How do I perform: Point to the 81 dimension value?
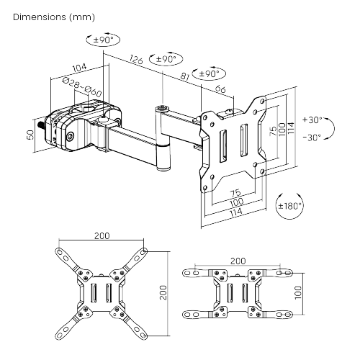185,76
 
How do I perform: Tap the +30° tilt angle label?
313,120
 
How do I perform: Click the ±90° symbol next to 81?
209,73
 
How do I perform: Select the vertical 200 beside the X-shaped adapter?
163,292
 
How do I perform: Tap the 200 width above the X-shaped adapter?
102,236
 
